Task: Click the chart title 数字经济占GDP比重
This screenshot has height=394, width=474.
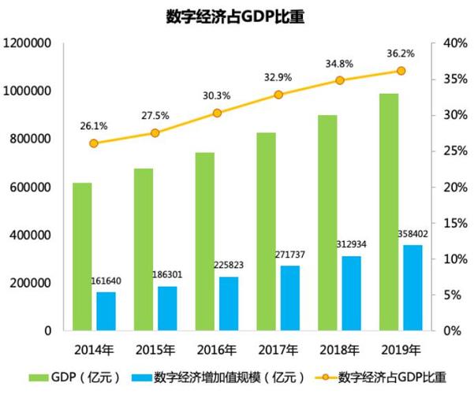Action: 237,17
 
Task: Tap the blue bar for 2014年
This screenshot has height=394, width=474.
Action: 106,311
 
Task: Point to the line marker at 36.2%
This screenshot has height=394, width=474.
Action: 401,71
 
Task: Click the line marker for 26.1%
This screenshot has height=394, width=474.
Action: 94,143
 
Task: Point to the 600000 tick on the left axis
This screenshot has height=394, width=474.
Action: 31,188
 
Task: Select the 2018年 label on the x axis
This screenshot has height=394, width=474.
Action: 338,349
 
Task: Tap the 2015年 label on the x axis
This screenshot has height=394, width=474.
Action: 155,349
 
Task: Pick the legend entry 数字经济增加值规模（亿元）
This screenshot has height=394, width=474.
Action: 226,377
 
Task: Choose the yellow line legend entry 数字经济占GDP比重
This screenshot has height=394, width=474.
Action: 379,377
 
